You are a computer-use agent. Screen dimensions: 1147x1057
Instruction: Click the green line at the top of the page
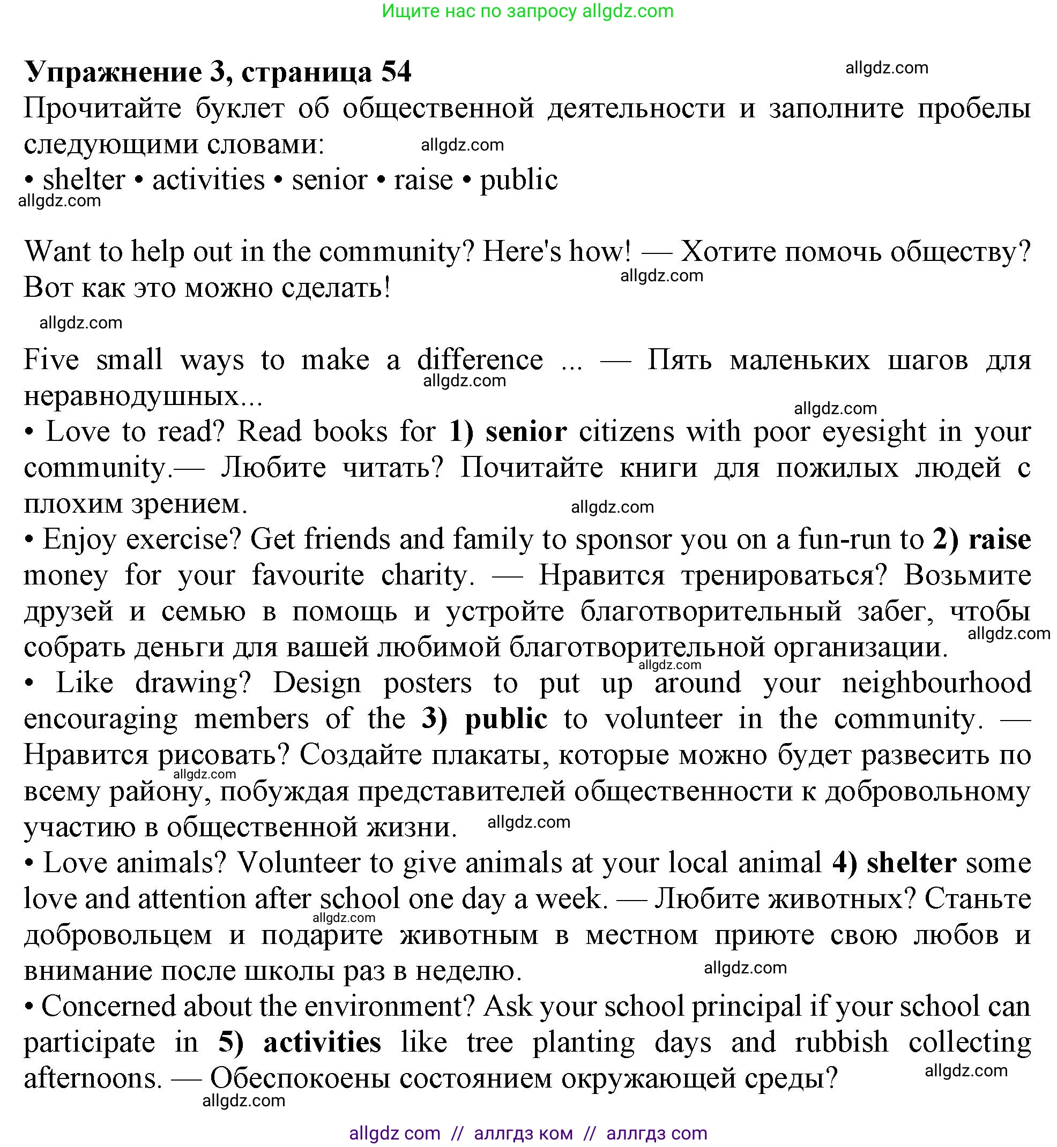pyautogui.click(x=527, y=11)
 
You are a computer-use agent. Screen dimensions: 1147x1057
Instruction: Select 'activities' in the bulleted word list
pyautogui.click(x=208, y=180)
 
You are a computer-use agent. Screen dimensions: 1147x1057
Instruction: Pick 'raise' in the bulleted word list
pyautogui.click(x=423, y=180)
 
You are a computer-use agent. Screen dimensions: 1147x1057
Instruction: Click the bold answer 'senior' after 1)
pyautogui.click(x=526, y=432)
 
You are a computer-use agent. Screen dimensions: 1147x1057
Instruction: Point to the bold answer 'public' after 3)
pyautogui.click(x=506, y=719)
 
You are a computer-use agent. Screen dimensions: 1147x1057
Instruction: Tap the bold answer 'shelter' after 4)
pyautogui.click(x=911, y=863)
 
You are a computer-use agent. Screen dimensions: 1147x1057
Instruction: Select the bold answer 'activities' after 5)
pyautogui.click(x=322, y=1043)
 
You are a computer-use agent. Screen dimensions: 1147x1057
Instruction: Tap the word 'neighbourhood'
pyautogui.click(x=936, y=683)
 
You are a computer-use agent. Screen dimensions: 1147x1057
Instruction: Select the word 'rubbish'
pyautogui.click(x=842, y=1043)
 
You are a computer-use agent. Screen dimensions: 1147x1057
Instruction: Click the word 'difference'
pyautogui.click(x=480, y=360)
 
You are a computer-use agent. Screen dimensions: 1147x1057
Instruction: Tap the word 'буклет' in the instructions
pyautogui.click(x=240, y=109)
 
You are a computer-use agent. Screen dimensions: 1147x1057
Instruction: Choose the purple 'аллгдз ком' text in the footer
pyautogui.click(x=523, y=1133)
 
